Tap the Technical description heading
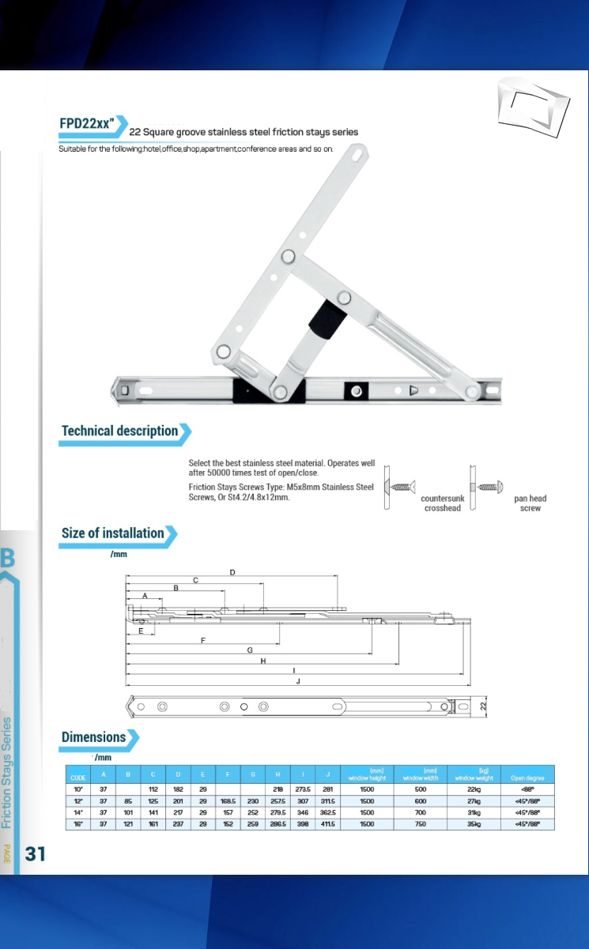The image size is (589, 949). [x=120, y=431]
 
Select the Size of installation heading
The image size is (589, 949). [x=113, y=533]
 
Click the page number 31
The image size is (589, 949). [x=36, y=853]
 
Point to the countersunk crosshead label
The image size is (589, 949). [x=441, y=503]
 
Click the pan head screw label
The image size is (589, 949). [x=530, y=503]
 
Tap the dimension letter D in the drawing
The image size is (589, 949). [x=232, y=571]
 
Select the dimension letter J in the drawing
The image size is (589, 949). [x=298, y=680]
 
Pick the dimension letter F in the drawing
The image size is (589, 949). [x=204, y=640]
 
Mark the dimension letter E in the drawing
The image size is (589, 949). [x=141, y=631]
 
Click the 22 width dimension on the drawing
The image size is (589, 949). [x=484, y=706]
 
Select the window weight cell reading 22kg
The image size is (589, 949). [x=474, y=789]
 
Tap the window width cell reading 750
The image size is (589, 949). [x=420, y=823]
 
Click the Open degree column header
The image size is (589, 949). [x=528, y=778]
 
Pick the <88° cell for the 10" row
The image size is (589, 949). [x=528, y=789]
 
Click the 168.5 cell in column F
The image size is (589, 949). [x=228, y=800]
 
